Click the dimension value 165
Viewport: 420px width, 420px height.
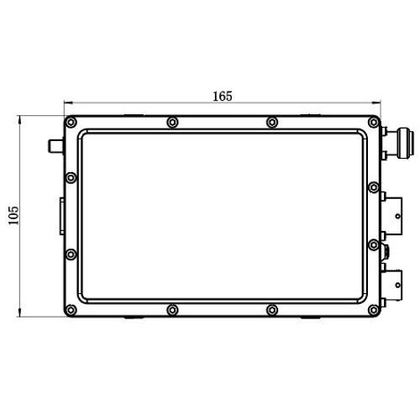pyautogui.click(x=223, y=97)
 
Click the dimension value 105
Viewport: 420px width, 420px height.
pyautogui.click(x=13, y=215)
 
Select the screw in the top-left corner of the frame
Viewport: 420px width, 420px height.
pyautogui.click(x=71, y=123)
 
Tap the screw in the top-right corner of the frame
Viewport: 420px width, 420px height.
pyautogui.click(x=374, y=123)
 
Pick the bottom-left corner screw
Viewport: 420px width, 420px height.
pyautogui.click(x=71, y=310)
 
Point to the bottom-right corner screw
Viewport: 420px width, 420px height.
pyautogui.click(x=374, y=310)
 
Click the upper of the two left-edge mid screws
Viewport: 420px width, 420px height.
pyautogui.click(x=71, y=178)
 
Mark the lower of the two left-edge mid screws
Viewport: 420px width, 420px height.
pyautogui.click(x=71, y=255)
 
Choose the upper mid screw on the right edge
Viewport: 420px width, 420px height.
pyautogui.click(x=374, y=187)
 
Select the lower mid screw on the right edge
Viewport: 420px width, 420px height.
pyautogui.click(x=374, y=245)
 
